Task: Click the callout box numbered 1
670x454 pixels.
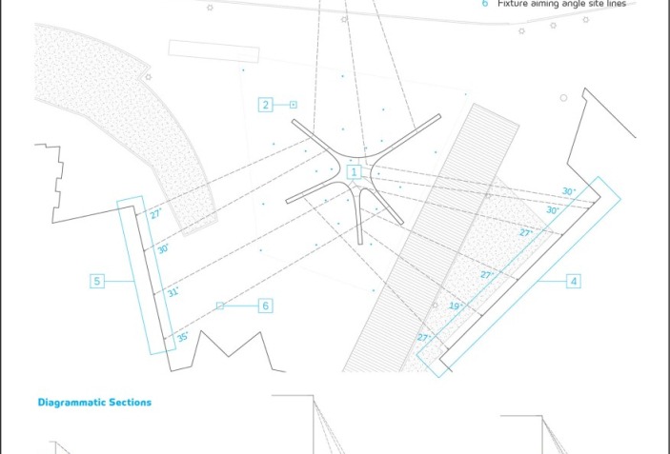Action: click(354, 172)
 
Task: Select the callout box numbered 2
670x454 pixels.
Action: click(265, 105)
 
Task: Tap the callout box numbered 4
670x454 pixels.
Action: click(574, 281)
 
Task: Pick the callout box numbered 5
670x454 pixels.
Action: click(97, 281)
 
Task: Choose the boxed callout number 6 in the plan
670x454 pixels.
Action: click(265, 306)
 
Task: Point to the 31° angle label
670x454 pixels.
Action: click(173, 292)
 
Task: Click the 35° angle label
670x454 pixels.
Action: click(182, 337)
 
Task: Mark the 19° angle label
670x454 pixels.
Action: click(456, 306)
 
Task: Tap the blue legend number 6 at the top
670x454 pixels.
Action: click(485, 4)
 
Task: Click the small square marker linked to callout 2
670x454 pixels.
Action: click(294, 105)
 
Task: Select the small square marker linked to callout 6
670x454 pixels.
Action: click(219, 306)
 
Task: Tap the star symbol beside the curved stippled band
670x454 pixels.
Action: click(149, 77)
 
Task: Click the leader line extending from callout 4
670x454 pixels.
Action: click(552, 281)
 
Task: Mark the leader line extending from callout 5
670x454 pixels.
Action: click(119, 281)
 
